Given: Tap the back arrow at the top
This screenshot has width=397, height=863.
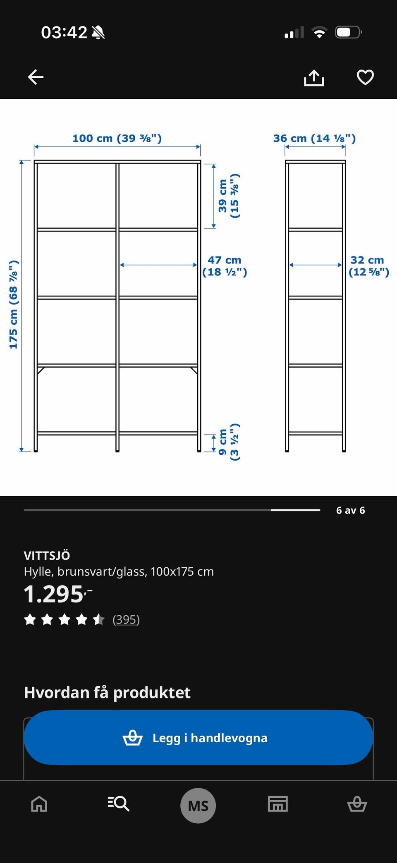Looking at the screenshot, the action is [x=36, y=77].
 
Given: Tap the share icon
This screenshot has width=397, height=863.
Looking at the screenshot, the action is [x=314, y=78].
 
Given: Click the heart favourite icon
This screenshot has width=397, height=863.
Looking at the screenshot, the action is [x=365, y=77].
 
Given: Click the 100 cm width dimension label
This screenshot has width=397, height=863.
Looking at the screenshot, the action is [x=117, y=138].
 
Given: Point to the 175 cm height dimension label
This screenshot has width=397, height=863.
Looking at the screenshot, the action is [x=13, y=305].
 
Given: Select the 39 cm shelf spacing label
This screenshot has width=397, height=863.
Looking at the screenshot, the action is [x=229, y=196].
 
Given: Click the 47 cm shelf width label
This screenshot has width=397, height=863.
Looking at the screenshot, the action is [x=225, y=266].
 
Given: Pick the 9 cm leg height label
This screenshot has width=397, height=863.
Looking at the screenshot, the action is [x=229, y=442].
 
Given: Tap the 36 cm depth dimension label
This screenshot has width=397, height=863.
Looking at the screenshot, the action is [x=314, y=138].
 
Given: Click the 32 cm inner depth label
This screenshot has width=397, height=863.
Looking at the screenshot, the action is [x=368, y=266].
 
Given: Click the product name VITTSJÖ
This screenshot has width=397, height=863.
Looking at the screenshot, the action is [x=47, y=555].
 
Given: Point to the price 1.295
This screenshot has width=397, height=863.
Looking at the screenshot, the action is [x=58, y=594].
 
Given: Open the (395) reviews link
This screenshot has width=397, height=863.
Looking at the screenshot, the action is [x=126, y=619].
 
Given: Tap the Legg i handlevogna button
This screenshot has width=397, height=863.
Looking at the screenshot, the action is [x=198, y=738].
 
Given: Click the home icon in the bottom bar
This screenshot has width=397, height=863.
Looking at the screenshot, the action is [x=39, y=804].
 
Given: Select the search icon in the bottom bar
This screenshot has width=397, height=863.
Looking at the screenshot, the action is [x=119, y=804].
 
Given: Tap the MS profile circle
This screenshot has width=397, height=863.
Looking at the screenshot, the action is [x=198, y=806].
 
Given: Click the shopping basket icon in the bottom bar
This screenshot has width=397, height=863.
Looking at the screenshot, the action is [x=357, y=804].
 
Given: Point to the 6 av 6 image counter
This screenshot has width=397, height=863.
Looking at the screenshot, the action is [x=351, y=510].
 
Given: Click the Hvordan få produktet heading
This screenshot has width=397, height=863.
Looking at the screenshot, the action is [x=107, y=692].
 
